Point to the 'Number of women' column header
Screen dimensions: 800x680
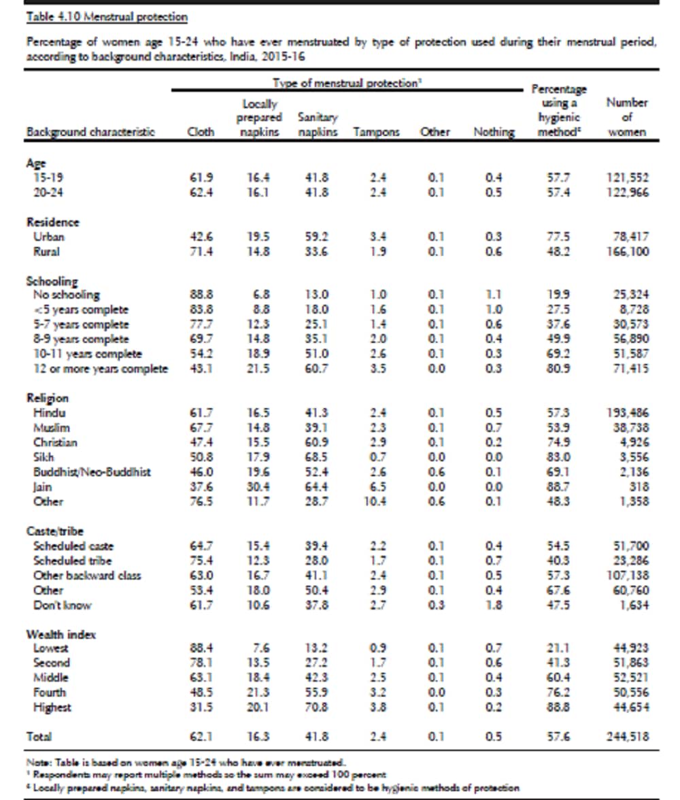[x=626, y=118]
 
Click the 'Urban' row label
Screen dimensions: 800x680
[x=49, y=237]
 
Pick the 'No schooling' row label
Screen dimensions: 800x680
[x=67, y=295]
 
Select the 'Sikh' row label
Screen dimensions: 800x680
[x=43, y=457]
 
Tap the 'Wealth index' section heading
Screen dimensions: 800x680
[x=61, y=634]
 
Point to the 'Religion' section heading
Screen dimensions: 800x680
[x=48, y=398]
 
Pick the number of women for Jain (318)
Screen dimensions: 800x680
[x=639, y=486]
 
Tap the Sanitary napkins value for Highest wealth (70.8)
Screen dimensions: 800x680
[x=317, y=707]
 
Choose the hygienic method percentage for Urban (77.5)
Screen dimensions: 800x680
[x=558, y=237]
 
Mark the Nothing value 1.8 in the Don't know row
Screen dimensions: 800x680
[x=494, y=605]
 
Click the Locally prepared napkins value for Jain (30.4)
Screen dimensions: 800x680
[x=258, y=486]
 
